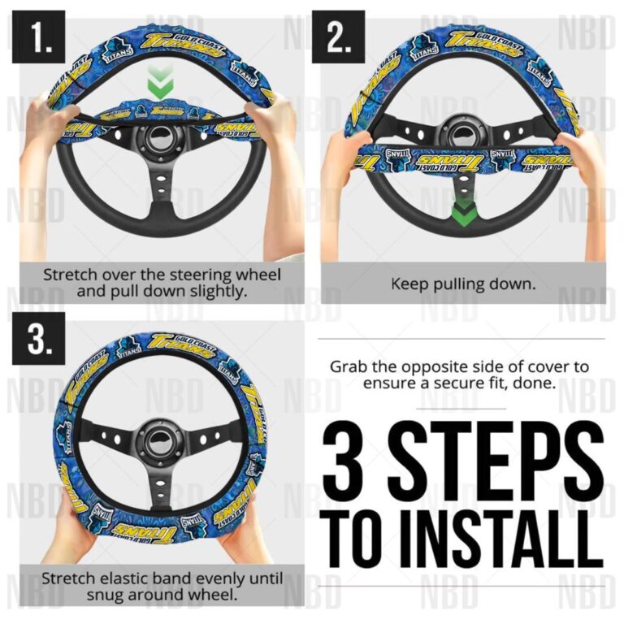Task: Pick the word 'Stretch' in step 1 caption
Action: pyautogui.click(x=71, y=275)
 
